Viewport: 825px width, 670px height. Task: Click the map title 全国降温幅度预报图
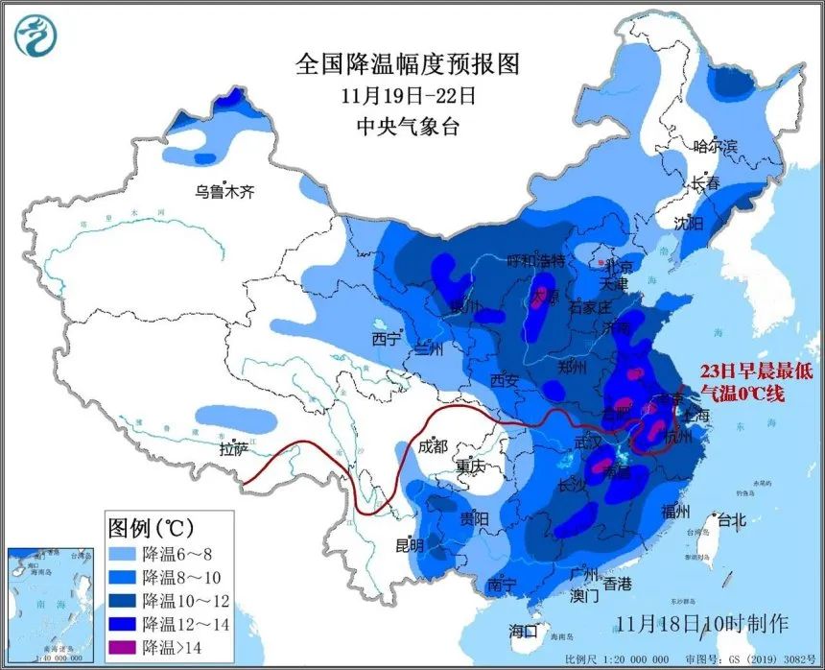[x=408, y=64]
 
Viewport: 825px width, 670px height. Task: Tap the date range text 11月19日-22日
[x=408, y=96]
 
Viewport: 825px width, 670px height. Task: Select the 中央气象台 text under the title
[x=408, y=126]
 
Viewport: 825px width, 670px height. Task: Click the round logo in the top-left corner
[x=35, y=35]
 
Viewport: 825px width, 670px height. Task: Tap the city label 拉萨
[x=233, y=448]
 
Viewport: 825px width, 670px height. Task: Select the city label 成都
[x=434, y=445]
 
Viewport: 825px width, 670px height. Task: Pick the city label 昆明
[x=410, y=545]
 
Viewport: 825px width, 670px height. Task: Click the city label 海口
[x=524, y=631]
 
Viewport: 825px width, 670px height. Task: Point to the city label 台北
[x=730, y=521]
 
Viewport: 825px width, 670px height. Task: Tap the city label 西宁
[x=386, y=339]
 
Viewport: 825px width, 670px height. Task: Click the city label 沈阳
[x=688, y=223]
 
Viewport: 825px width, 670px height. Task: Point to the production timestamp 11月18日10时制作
[x=702, y=622]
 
